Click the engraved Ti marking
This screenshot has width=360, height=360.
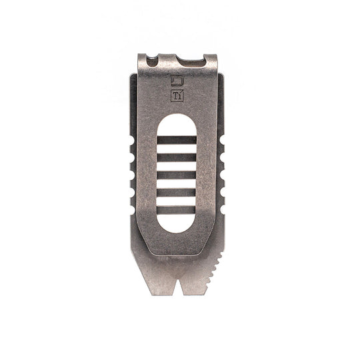point(177,95)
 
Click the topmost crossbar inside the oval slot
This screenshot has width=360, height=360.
point(177,140)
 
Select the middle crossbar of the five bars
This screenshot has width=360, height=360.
point(177,175)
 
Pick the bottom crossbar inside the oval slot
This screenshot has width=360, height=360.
point(177,210)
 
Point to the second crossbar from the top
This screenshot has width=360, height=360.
point(177,157)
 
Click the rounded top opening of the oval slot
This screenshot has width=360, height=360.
point(177,124)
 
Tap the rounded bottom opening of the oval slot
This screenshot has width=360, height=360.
point(177,223)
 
